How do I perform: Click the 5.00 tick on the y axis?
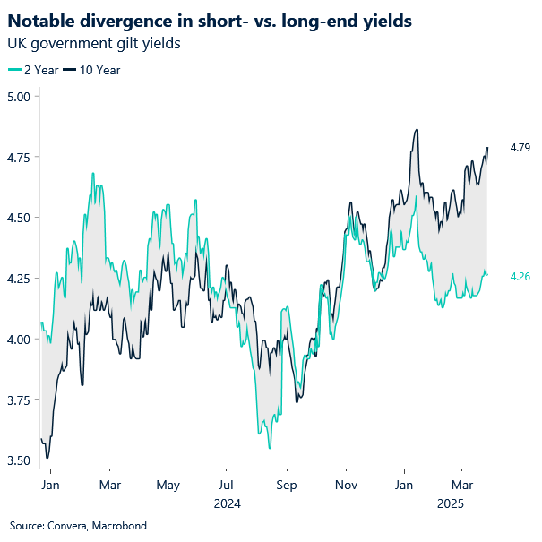pyautogui.click(x=18, y=96)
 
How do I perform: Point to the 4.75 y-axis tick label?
pyautogui.click(x=18, y=157)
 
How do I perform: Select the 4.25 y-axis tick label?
pyautogui.click(x=18, y=278)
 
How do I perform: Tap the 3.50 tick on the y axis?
pyautogui.click(x=18, y=460)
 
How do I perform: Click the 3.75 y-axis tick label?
pyautogui.click(x=18, y=399)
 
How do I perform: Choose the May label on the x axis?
pyautogui.click(x=168, y=485)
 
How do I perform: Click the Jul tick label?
pyautogui.click(x=228, y=485)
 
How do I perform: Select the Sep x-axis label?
pyautogui.click(x=286, y=485)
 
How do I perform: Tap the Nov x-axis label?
pyautogui.click(x=345, y=485)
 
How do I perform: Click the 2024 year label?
pyautogui.click(x=228, y=503)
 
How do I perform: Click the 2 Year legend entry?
pyautogui.click(x=34, y=70)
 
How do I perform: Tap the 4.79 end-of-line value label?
pyautogui.click(x=520, y=147)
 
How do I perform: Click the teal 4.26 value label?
pyautogui.click(x=520, y=277)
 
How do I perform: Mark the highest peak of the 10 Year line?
pyautogui.click(x=417, y=130)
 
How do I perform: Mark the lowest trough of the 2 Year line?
pyautogui.click(x=270, y=448)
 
